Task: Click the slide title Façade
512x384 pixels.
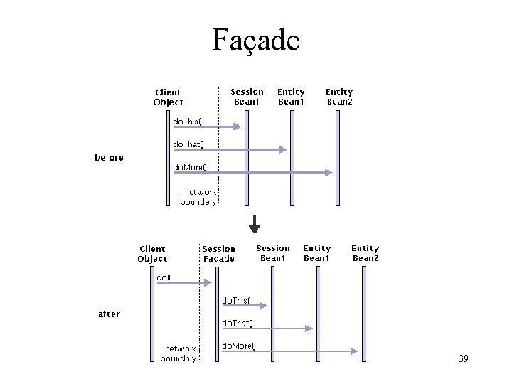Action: coord(256,40)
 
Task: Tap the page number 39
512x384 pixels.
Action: coord(463,358)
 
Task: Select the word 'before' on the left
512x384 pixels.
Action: coord(109,157)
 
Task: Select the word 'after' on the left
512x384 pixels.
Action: coord(108,314)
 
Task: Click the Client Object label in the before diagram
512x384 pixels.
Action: coord(168,97)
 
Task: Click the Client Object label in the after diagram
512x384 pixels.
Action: coord(152,254)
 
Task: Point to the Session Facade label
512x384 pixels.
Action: coord(218,254)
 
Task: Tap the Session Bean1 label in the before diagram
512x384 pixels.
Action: coord(247,96)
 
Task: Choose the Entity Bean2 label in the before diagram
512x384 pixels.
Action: coord(339,96)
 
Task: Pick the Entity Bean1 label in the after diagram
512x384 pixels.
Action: coord(316,253)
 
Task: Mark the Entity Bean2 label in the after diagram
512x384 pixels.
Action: coord(366,253)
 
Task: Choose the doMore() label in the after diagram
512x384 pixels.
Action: coord(238,346)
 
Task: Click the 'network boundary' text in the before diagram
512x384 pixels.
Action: coord(198,197)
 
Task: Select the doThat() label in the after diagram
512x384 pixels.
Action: coord(237,324)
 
